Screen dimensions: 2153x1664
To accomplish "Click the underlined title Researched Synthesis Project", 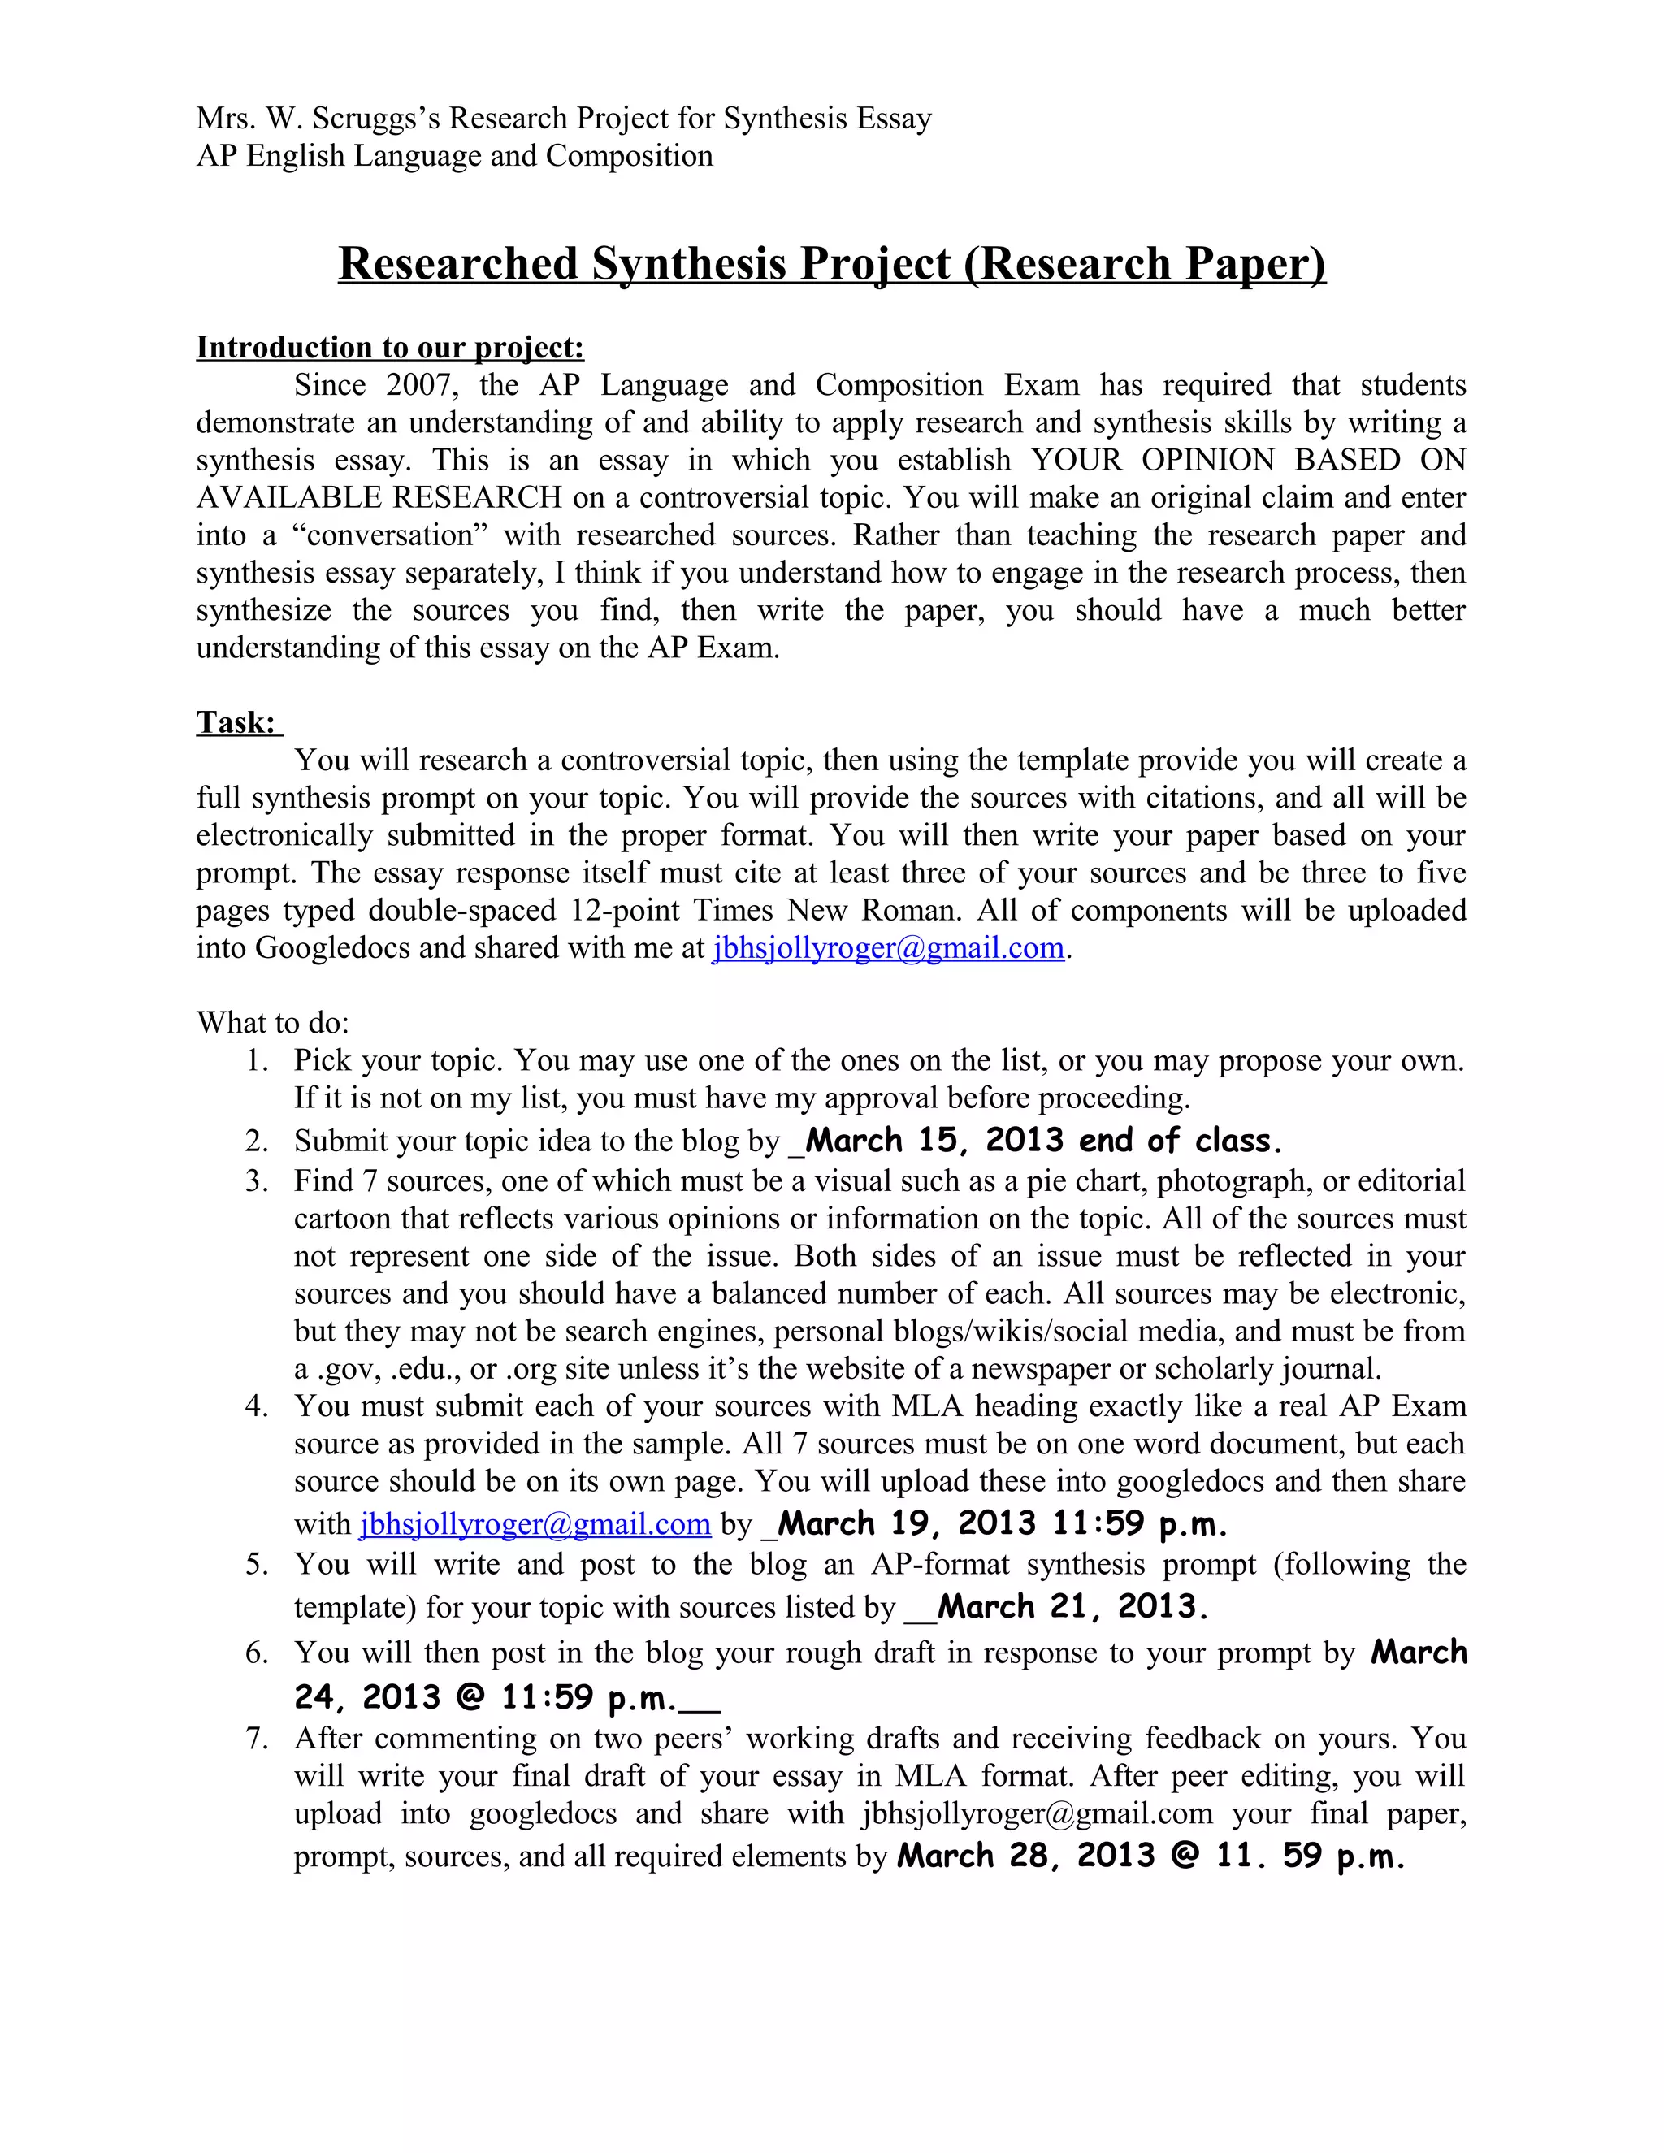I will click(x=831, y=264).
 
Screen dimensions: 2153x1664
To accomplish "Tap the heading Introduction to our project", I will click(x=390, y=347).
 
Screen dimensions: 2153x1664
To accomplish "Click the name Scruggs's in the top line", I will click(x=376, y=119).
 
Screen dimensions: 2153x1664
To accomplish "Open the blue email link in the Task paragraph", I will click(x=887, y=947).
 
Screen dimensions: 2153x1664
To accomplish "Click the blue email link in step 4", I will click(x=535, y=1524).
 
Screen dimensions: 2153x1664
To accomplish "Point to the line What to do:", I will click(x=273, y=1022).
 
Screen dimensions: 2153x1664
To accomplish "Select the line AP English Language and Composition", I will click(x=454, y=156).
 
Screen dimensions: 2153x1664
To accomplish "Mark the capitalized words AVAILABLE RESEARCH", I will click(x=379, y=498).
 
